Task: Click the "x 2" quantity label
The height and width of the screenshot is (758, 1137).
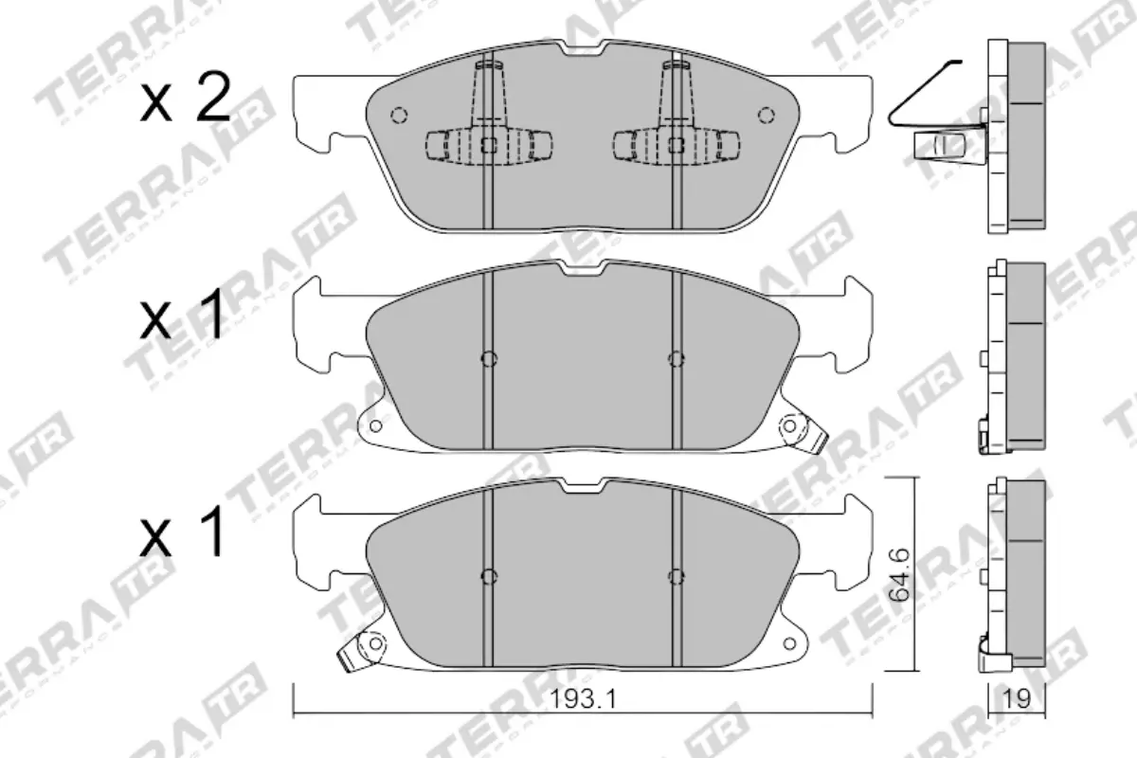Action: point(186,100)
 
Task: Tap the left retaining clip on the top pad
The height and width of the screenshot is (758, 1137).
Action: point(489,143)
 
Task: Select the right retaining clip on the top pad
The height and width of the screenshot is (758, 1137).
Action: point(676,143)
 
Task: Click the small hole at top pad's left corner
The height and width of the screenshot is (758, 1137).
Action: point(399,115)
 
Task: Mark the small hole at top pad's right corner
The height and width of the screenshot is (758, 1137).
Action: point(766,115)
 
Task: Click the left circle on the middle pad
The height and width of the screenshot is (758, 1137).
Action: point(489,358)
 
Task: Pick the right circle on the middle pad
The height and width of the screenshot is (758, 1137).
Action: point(676,358)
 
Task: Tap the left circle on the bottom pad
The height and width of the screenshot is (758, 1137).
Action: point(489,575)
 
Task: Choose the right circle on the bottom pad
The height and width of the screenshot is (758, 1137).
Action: point(676,575)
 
